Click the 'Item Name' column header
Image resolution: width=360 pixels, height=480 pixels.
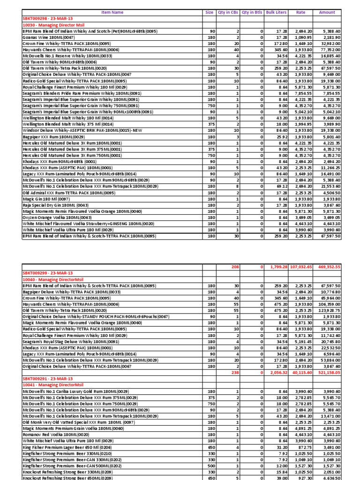click(x=112, y=13)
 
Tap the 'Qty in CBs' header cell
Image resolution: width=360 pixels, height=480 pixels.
click(x=227, y=13)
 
